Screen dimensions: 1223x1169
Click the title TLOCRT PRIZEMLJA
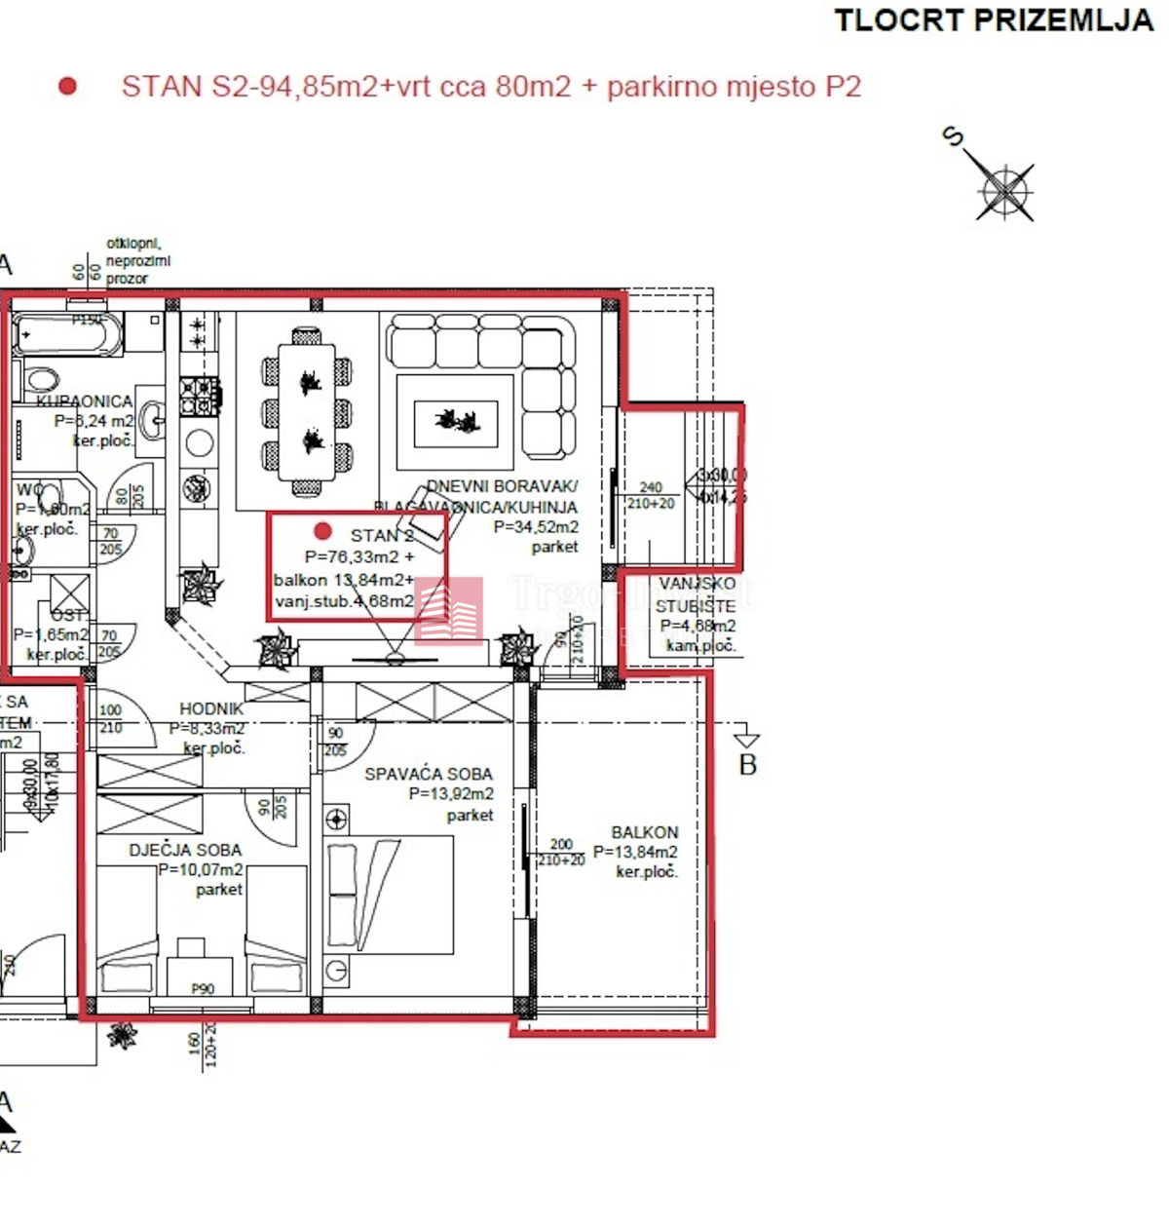(993, 20)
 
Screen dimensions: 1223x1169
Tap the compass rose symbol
(1003, 190)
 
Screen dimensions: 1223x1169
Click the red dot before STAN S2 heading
(67, 87)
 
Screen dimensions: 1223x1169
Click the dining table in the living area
(306, 412)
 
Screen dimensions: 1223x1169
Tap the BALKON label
(644, 832)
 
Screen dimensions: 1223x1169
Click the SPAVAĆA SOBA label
(428, 774)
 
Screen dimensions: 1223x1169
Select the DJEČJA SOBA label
(185, 850)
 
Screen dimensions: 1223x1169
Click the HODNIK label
(210, 709)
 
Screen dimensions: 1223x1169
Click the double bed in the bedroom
(390, 895)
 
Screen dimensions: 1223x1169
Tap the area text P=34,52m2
(536, 527)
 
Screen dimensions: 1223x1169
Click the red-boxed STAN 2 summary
(357, 566)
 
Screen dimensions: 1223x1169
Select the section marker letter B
(747, 765)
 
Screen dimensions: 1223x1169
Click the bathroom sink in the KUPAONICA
(152, 421)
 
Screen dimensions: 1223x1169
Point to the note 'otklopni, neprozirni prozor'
(137, 261)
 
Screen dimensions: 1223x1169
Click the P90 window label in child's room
(203, 988)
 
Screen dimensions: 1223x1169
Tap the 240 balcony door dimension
(651, 486)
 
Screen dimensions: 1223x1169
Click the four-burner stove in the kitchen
(199, 395)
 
